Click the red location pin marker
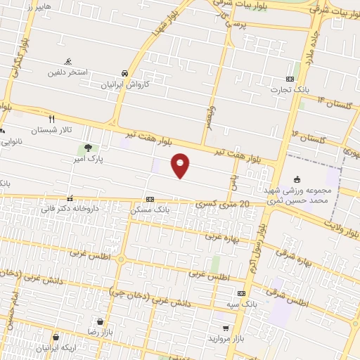181,165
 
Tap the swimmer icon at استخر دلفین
69,62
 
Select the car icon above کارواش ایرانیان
124,73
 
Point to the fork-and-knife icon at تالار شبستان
51,119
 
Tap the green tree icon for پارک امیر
88,148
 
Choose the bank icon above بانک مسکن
150,199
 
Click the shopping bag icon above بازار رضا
101,321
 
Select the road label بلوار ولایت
340,223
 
